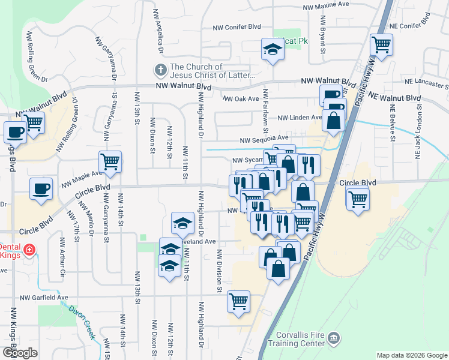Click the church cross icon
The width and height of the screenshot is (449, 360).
[x=160, y=70]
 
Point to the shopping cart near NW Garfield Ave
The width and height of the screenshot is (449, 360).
[x=238, y=302]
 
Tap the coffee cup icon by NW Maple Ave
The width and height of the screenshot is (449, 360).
[x=41, y=189]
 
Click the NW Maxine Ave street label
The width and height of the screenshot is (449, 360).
[x=326, y=5]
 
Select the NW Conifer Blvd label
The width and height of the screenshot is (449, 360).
[x=238, y=27]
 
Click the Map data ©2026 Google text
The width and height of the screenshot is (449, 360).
[x=412, y=355]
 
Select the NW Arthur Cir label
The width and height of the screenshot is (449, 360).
[x=62, y=255]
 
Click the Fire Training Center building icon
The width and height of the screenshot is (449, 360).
[x=334, y=340]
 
